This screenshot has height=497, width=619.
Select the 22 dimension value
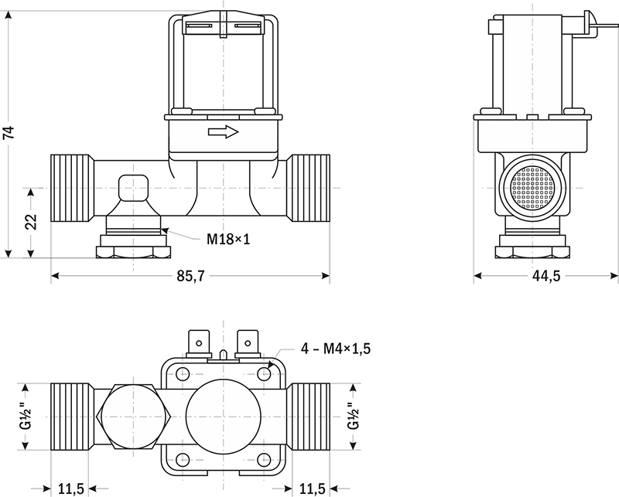[x=30, y=222]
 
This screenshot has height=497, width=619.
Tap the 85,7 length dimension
[x=190, y=277]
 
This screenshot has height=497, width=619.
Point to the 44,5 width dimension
[x=545, y=277]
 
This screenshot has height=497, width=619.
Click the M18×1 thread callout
[x=228, y=239]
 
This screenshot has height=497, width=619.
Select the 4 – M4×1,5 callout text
[x=336, y=349]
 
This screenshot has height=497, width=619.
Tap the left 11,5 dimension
[x=71, y=488]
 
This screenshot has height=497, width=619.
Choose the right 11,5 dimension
[x=312, y=488]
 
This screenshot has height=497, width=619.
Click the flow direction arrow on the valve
[x=224, y=133]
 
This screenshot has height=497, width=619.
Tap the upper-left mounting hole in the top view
[x=183, y=375]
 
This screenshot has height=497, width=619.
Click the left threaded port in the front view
[x=72, y=188]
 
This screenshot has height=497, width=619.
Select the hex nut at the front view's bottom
[x=132, y=251]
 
